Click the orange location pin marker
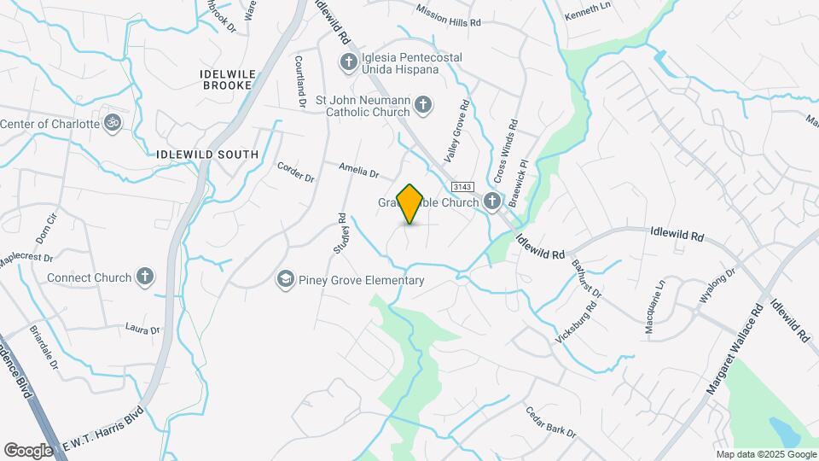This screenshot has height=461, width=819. (x=410, y=204)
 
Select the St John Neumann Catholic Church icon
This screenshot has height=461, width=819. (x=422, y=106)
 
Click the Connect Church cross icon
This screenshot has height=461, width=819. (x=146, y=277)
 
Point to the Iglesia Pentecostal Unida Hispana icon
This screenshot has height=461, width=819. (x=347, y=61)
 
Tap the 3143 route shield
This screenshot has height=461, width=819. (x=462, y=187)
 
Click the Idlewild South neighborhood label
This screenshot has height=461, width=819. (x=207, y=155)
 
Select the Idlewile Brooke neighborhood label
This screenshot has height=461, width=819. (x=225, y=80)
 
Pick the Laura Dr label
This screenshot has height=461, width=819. (x=142, y=329)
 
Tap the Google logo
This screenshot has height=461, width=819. (x=28, y=450)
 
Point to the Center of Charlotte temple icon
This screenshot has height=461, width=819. (x=113, y=123)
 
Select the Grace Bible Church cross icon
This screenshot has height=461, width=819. (x=492, y=202)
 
